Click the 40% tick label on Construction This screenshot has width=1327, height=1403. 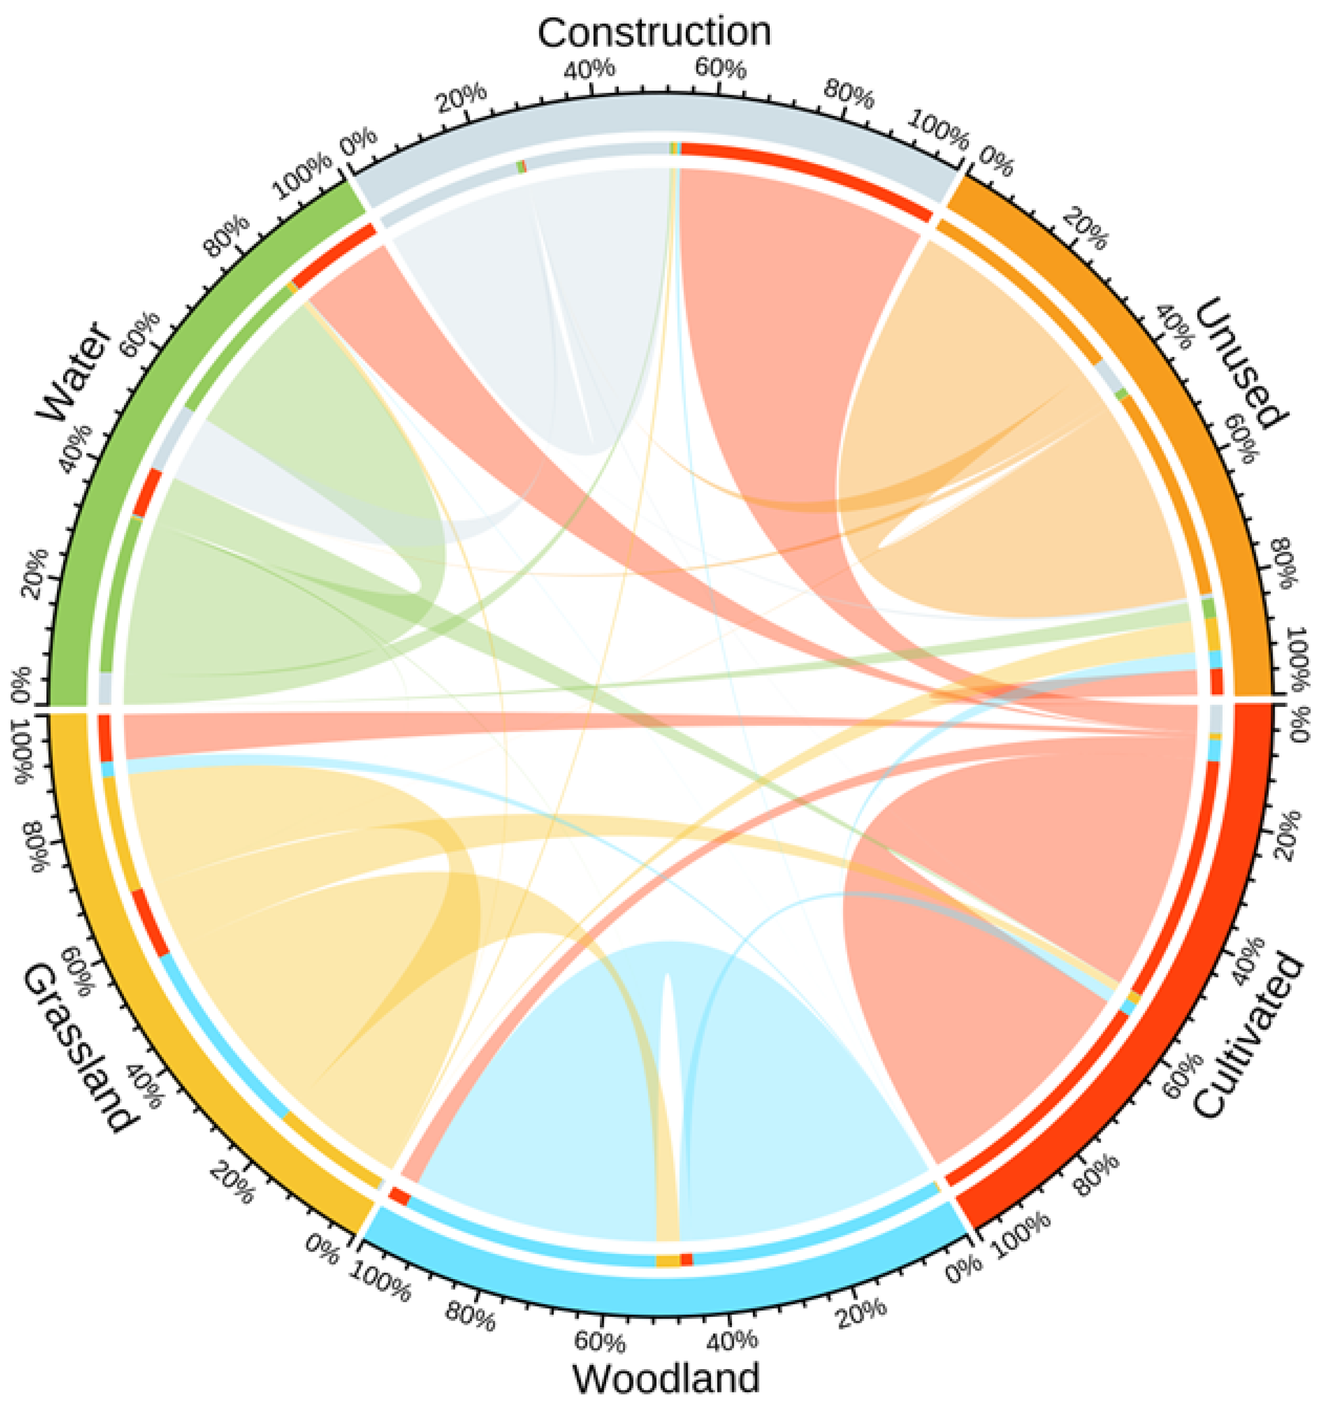pos(589,69)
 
